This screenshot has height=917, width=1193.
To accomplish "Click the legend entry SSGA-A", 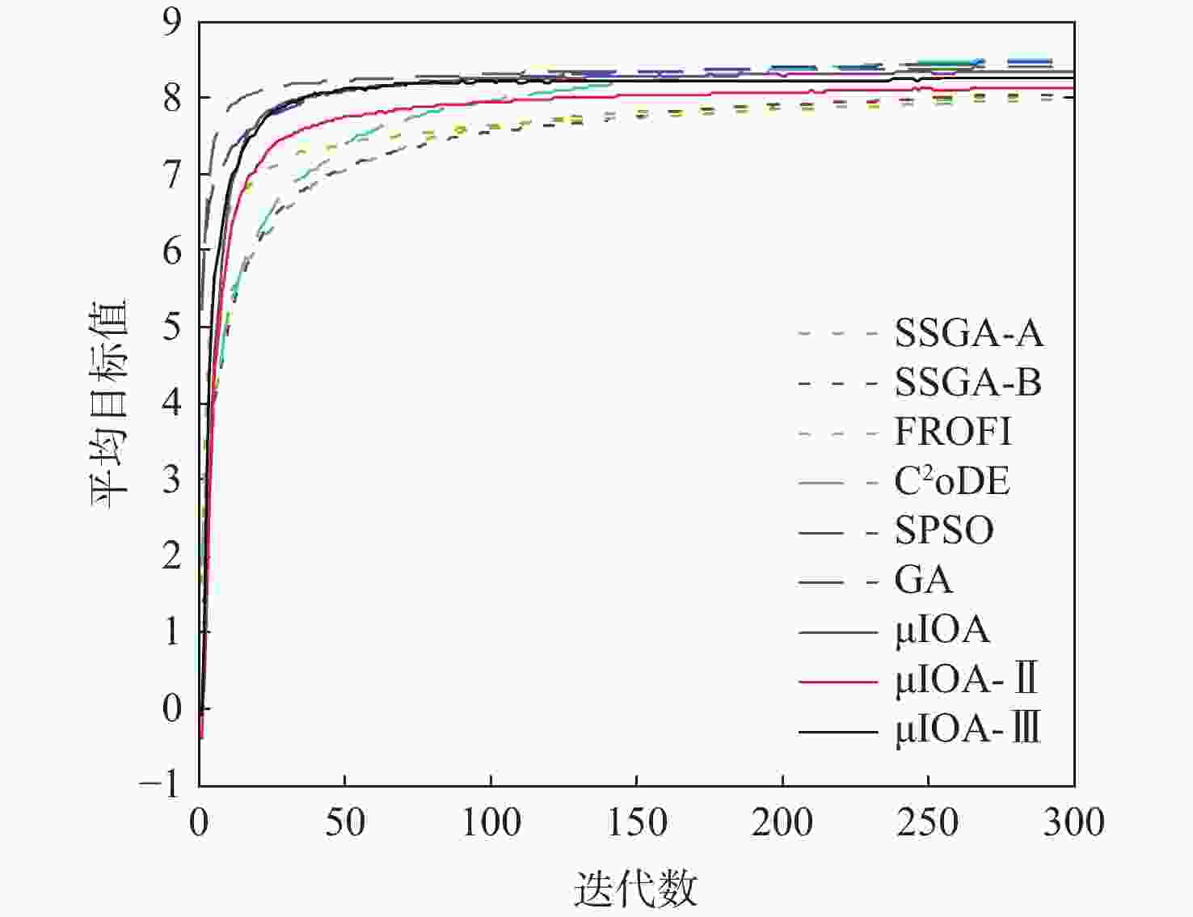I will point(968,333).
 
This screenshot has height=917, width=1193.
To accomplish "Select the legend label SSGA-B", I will point(967,382).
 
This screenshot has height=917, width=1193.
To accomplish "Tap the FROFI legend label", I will point(952,432).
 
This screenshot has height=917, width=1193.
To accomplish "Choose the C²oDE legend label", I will point(951,482).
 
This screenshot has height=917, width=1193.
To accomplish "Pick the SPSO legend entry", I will point(943,531).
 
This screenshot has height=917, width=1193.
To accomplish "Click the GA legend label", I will point(923,581).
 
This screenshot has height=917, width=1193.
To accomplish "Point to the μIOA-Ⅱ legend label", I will point(966,679).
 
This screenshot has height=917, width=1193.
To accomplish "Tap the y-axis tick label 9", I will point(172,23).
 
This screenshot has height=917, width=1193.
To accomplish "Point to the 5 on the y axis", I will point(172,327).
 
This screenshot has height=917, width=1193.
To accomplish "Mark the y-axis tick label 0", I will point(172,708).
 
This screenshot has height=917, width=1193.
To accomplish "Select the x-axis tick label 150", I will point(637,823).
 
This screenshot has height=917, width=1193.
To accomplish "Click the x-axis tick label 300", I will point(1073,823).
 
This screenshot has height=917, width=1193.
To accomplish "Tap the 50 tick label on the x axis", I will point(345,823).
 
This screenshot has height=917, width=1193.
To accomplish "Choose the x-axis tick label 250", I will point(928,823).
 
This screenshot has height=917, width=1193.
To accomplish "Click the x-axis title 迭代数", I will point(635,888).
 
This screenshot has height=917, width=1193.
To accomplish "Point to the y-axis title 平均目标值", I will point(109,404).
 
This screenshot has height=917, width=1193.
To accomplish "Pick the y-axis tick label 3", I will point(172,480).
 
